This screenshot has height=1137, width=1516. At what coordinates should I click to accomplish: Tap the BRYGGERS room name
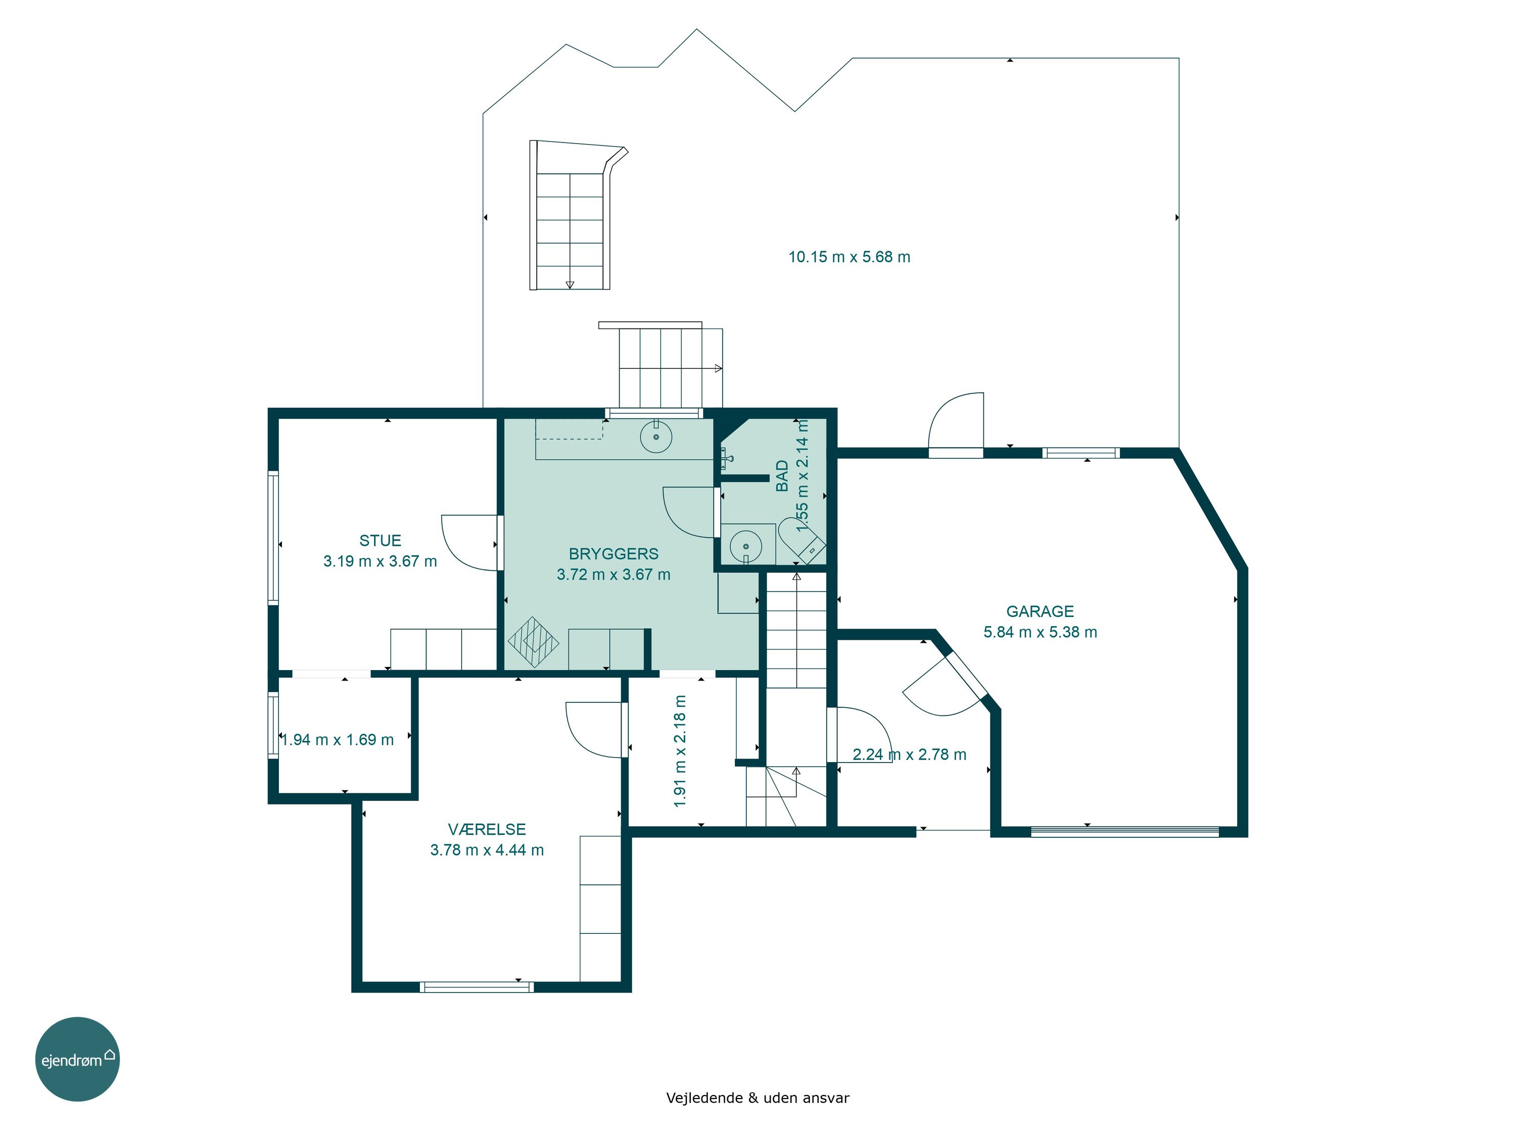point(613,554)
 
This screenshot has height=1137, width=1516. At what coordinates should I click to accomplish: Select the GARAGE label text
point(1039,611)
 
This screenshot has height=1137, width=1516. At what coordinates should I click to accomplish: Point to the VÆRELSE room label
point(487,829)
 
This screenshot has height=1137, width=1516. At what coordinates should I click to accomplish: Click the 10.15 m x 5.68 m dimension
point(849,257)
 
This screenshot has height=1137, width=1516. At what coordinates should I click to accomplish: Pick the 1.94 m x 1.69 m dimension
point(338,739)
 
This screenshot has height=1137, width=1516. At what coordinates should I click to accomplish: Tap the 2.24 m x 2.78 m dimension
point(910,754)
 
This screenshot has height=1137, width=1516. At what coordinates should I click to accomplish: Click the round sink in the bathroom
point(746,547)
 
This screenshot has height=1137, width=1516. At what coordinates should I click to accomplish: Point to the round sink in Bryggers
point(656,437)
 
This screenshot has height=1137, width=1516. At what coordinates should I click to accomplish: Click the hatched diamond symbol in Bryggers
point(533,643)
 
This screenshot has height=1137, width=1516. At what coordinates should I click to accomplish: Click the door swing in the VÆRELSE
point(595,730)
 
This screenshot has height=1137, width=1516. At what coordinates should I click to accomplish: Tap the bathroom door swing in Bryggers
point(689,512)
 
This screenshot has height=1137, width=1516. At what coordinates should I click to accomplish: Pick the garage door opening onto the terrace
point(956,420)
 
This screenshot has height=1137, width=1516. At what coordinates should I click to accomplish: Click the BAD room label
point(782,476)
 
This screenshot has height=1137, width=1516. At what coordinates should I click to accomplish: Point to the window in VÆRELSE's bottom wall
point(477,987)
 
